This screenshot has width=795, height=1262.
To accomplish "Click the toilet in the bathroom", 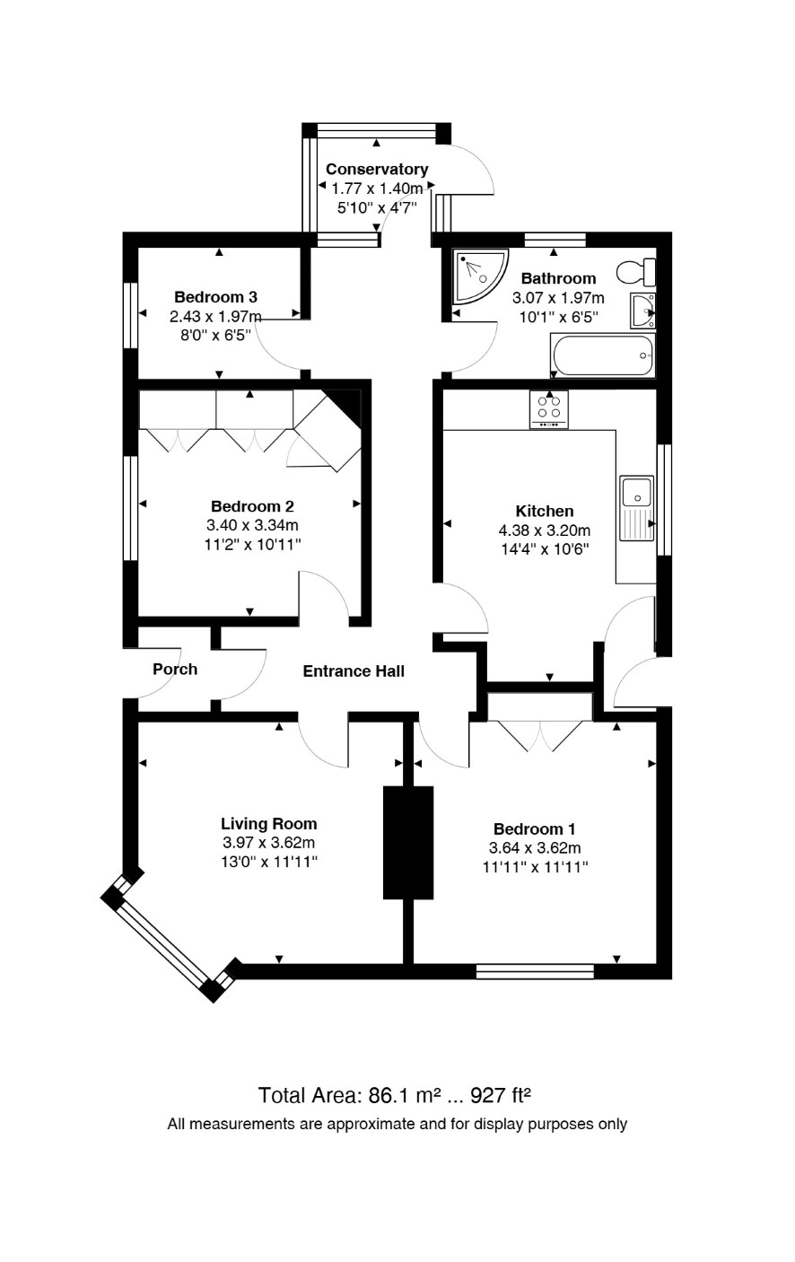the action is [x=636, y=272].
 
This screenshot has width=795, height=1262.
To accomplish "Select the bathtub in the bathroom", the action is [x=602, y=355].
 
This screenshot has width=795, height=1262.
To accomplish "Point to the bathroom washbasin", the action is [x=643, y=310].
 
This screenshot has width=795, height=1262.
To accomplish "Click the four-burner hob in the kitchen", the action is [x=548, y=409].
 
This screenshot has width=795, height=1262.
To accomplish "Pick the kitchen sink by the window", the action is [x=637, y=508].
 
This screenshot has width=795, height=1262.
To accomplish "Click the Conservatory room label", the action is [x=377, y=169].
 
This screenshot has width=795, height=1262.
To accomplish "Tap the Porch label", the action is [x=175, y=670].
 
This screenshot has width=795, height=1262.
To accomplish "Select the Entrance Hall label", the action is [x=354, y=671].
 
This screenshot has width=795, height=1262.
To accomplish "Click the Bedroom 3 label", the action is [x=215, y=297].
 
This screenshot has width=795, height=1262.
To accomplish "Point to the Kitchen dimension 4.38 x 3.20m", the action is [x=545, y=530].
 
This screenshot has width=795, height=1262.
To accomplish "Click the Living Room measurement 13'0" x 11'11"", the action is [x=269, y=862].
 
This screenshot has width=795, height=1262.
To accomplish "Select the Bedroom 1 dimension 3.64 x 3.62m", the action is [x=535, y=848].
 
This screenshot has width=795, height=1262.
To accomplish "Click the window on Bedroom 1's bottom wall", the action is [x=535, y=970].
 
